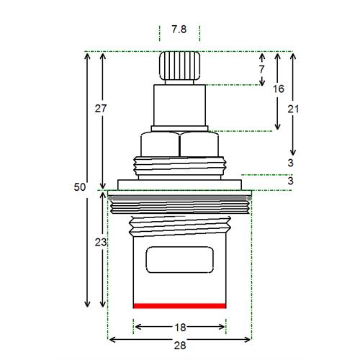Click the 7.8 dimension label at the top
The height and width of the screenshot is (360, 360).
[x=179, y=30]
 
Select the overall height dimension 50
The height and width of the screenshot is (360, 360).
[x=79, y=187]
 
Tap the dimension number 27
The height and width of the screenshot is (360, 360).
[x=101, y=109]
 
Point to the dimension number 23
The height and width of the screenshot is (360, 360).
[x=101, y=242]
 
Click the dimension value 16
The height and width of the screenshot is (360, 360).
[x=279, y=89]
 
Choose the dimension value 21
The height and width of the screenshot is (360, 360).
[x=293, y=109]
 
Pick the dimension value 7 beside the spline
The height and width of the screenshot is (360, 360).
[x=261, y=69]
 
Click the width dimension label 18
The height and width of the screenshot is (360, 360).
[x=180, y=328]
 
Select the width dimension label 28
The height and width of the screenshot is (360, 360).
[x=180, y=346]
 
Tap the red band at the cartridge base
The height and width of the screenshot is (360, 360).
[x=180, y=306]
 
